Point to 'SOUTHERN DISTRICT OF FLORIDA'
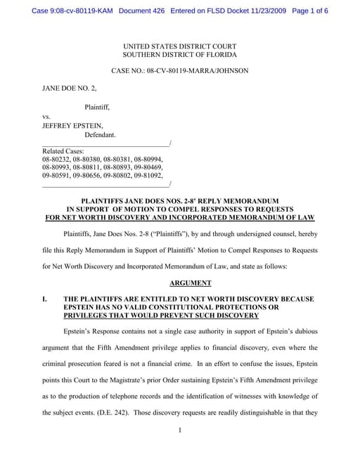[179, 54]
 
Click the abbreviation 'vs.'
[47, 116]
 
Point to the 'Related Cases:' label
[63, 151]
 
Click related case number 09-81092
[150, 176]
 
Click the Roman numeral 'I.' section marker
[46, 299]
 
